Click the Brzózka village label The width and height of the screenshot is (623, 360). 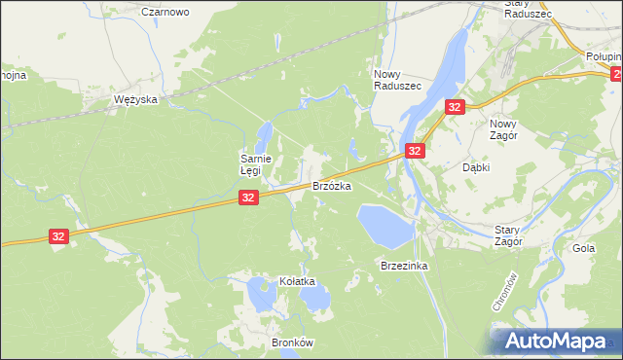point(331,185)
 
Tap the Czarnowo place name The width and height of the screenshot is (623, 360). point(165,12)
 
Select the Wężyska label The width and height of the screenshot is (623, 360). point(135,100)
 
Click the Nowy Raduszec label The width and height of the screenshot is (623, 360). point(397,80)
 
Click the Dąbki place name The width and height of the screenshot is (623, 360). point(476,167)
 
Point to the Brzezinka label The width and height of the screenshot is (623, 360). point(405,266)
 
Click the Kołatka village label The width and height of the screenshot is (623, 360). point(298,281)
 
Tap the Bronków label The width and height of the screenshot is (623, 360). point(266,342)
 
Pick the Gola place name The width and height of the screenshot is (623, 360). point(584,248)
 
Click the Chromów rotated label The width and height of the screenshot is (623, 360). point(498,290)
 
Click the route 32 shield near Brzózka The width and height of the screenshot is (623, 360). point(248,198)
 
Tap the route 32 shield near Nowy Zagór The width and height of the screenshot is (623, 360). point(455,108)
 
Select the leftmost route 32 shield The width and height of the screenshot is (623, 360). point(58,236)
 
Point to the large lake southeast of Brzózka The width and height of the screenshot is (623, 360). point(383,225)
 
